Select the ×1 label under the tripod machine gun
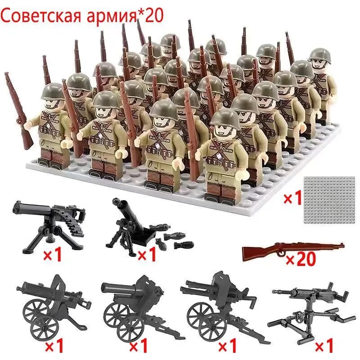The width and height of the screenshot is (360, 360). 51,255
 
